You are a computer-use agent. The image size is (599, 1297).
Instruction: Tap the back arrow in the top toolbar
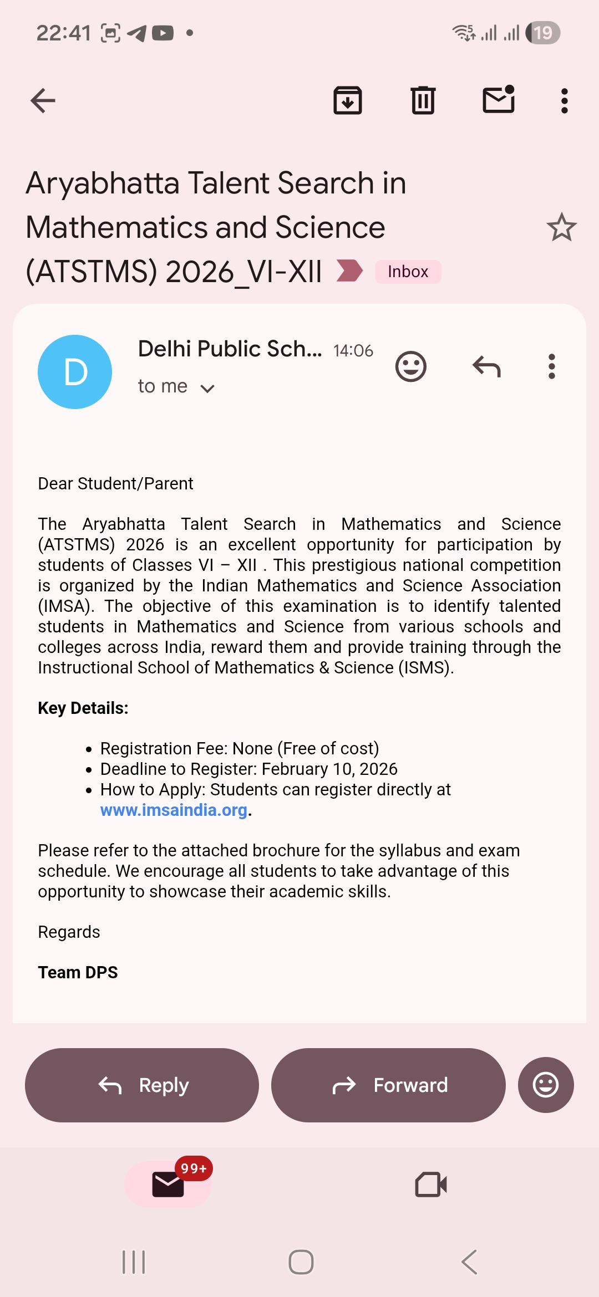tap(43, 101)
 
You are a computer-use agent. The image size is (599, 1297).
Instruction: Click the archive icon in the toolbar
tap(348, 101)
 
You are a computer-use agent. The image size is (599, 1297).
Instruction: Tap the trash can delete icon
tap(423, 101)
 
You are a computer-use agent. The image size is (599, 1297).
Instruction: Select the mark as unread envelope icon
tap(499, 100)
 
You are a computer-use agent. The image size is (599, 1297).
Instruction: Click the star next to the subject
tap(561, 227)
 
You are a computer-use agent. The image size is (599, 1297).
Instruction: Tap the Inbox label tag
tap(408, 272)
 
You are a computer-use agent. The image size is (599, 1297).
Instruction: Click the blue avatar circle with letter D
tap(75, 372)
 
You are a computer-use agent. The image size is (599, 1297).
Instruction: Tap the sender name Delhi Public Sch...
tap(230, 349)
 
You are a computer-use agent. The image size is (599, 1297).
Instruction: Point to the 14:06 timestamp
tap(353, 351)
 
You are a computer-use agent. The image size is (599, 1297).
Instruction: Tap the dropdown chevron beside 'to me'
tap(207, 388)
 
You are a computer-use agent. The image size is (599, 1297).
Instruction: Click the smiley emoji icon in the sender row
tap(411, 366)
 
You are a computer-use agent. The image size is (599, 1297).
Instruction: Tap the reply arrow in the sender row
tap(486, 366)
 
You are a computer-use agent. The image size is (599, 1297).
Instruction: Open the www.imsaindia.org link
tap(174, 810)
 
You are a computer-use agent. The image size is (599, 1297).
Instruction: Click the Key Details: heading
tap(83, 708)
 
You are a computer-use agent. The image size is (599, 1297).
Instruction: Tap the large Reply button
tap(142, 1085)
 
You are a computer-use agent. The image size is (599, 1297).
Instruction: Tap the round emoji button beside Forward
tap(546, 1085)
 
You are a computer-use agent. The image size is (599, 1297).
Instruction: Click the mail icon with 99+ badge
tap(168, 1184)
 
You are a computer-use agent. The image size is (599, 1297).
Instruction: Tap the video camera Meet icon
tap(431, 1184)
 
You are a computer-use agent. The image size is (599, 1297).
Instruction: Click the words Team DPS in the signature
tap(78, 973)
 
